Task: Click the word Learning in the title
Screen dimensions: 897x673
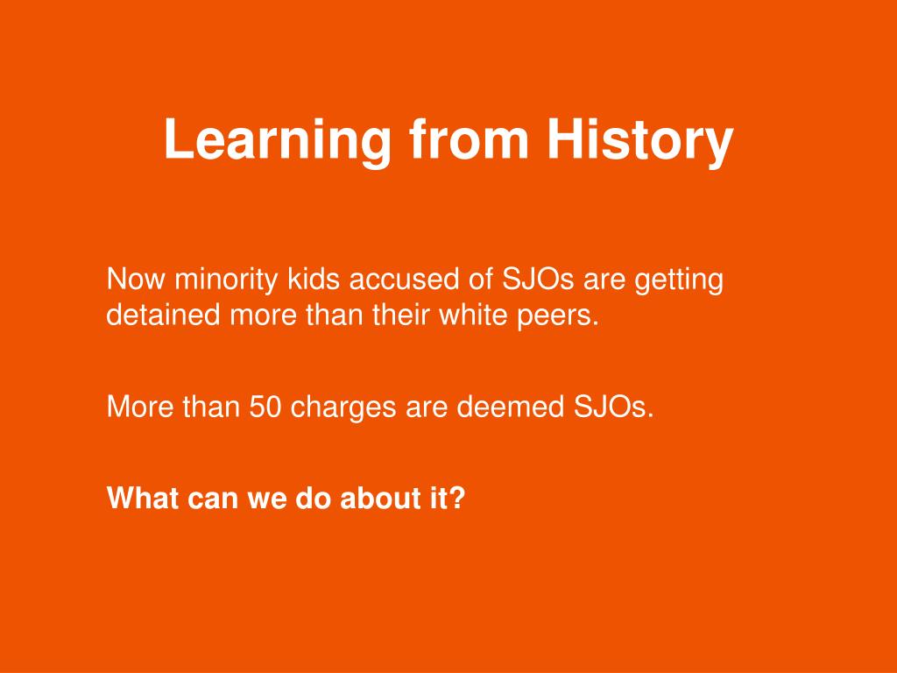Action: point(277,141)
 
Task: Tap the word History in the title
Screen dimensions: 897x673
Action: point(639,141)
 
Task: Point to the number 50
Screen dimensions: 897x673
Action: point(265,407)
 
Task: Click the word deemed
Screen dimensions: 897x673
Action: point(511,407)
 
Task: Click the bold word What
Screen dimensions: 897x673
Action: point(143,498)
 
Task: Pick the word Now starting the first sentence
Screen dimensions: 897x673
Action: point(136,280)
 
